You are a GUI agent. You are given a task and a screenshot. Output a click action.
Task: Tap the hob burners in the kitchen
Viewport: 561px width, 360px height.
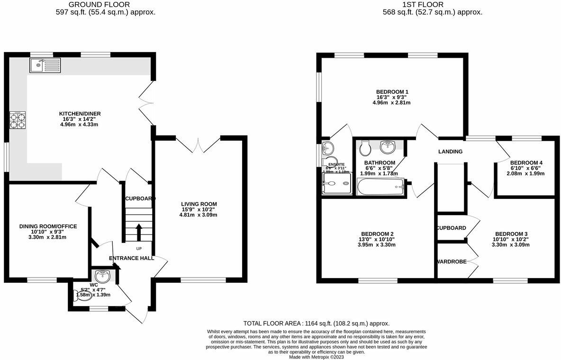18,121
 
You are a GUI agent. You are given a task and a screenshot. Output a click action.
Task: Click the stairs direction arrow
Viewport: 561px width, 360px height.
139,232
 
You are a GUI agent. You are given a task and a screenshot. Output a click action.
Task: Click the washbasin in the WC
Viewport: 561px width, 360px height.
102,275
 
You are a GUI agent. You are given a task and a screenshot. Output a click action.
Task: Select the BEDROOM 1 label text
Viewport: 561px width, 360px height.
392,92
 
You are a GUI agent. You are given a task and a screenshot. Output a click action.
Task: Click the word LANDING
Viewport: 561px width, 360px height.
450,152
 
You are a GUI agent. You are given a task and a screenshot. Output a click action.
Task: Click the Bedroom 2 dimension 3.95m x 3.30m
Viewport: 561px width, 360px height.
377,245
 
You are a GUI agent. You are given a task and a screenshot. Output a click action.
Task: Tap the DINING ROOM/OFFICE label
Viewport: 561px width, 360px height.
48,226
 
